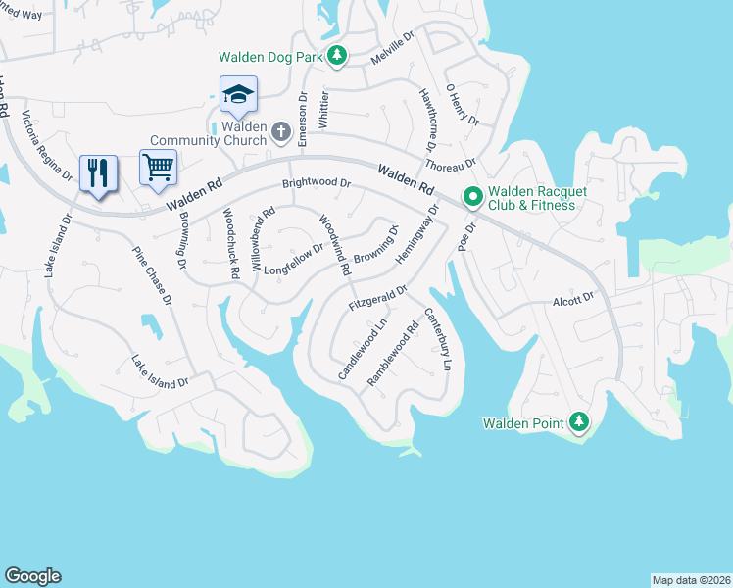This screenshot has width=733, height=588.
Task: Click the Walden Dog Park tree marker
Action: [337, 57]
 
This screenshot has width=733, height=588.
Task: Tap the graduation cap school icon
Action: [238, 95]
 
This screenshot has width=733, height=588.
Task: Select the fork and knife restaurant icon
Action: [99, 173]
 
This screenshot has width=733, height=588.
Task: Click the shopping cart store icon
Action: [157, 168]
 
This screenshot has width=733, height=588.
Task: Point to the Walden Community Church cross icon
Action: [281, 131]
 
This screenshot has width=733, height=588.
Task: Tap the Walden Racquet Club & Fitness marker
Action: [472, 198]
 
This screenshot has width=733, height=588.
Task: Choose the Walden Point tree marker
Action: [580, 422]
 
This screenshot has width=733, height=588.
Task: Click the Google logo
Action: [32, 576]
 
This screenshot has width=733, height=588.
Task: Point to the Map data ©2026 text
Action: [690, 579]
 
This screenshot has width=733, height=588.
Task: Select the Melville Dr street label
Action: [393, 48]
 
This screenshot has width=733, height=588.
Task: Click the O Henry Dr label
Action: [462, 104]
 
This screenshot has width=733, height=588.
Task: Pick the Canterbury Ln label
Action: [438, 339]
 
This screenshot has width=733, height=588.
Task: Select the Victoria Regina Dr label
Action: [47, 147]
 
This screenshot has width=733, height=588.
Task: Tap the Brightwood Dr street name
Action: [316, 183]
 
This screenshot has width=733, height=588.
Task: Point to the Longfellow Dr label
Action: [293, 260]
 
